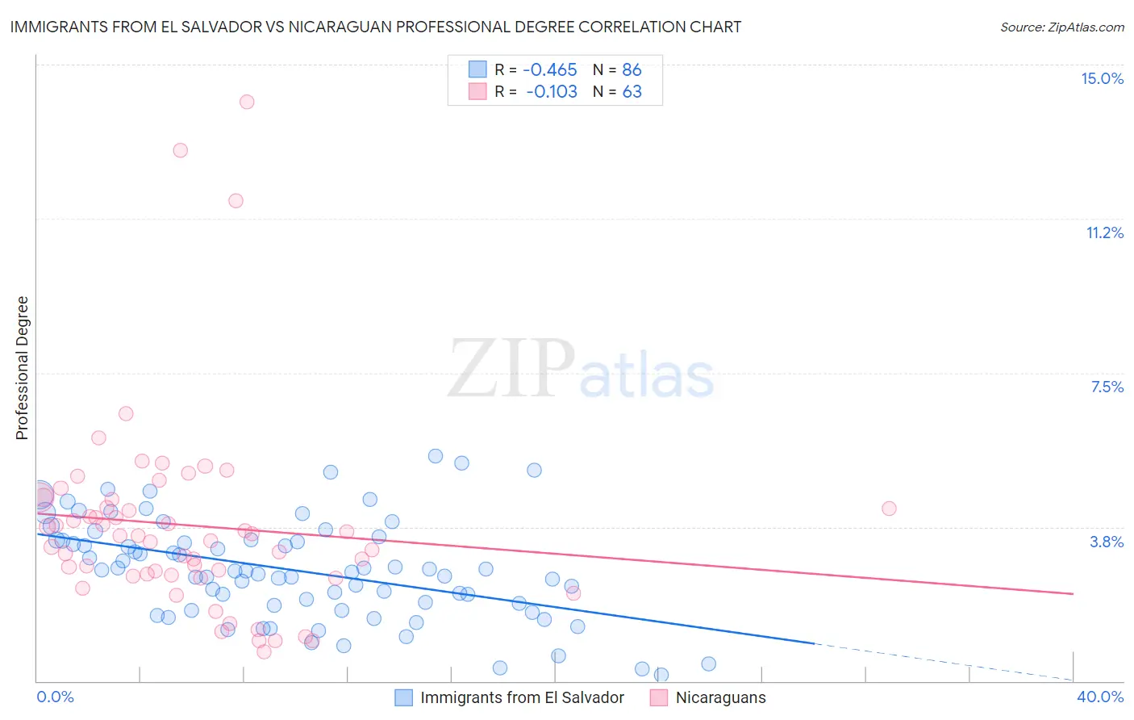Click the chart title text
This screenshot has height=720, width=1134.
pyautogui.click(x=376, y=27)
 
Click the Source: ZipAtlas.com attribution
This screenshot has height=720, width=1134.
pyautogui.click(x=1061, y=27)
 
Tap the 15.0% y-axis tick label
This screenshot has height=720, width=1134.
pyautogui.click(x=1102, y=78)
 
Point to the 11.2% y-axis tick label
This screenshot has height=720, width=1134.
pyautogui.click(x=1104, y=232)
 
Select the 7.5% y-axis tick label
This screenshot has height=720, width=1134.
pyautogui.click(x=1107, y=387)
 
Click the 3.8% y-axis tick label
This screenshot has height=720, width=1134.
pyautogui.click(x=1107, y=542)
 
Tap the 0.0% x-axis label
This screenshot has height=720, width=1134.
pyautogui.click(x=55, y=697)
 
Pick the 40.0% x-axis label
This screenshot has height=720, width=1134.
pyautogui.click(x=1099, y=697)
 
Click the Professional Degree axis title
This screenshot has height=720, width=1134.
pyautogui.click(x=22, y=368)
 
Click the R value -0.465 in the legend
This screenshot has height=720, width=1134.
pyautogui.click(x=550, y=70)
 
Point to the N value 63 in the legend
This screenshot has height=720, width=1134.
pyautogui.click(x=632, y=92)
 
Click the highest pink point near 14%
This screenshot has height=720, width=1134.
pyautogui.click(x=247, y=102)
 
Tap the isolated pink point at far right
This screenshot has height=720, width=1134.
pyautogui.click(x=889, y=509)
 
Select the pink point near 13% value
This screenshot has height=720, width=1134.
pyautogui.click(x=181, y=150)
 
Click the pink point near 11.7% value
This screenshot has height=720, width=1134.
pyautogui.click(x=236, y=201)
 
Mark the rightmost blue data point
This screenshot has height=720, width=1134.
pyautogui.click(x=709, y=663)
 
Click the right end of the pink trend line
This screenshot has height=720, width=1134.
pyautogui.click(x=1073, y=594)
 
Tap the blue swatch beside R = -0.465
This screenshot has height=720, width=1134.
pyautogui.click(x=477, y=70)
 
